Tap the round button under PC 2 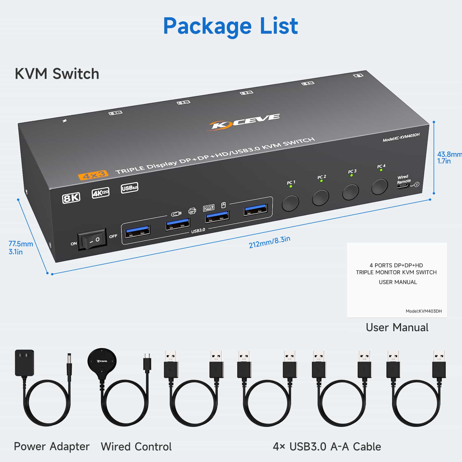pos(321,198)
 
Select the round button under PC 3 pos(351,192)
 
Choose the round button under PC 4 pos(379,187)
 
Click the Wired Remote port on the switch pos(403,186)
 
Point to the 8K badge pos(71,198)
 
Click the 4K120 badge pos(100,193)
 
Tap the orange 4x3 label pos(93,175)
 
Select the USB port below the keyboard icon pos(217,217)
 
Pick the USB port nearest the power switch pos(137,231)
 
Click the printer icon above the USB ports pos(192,211)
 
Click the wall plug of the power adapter pos(25,363)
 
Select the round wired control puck pos(102,361)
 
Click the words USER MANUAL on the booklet pos(398,282)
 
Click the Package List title pos(230,26)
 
